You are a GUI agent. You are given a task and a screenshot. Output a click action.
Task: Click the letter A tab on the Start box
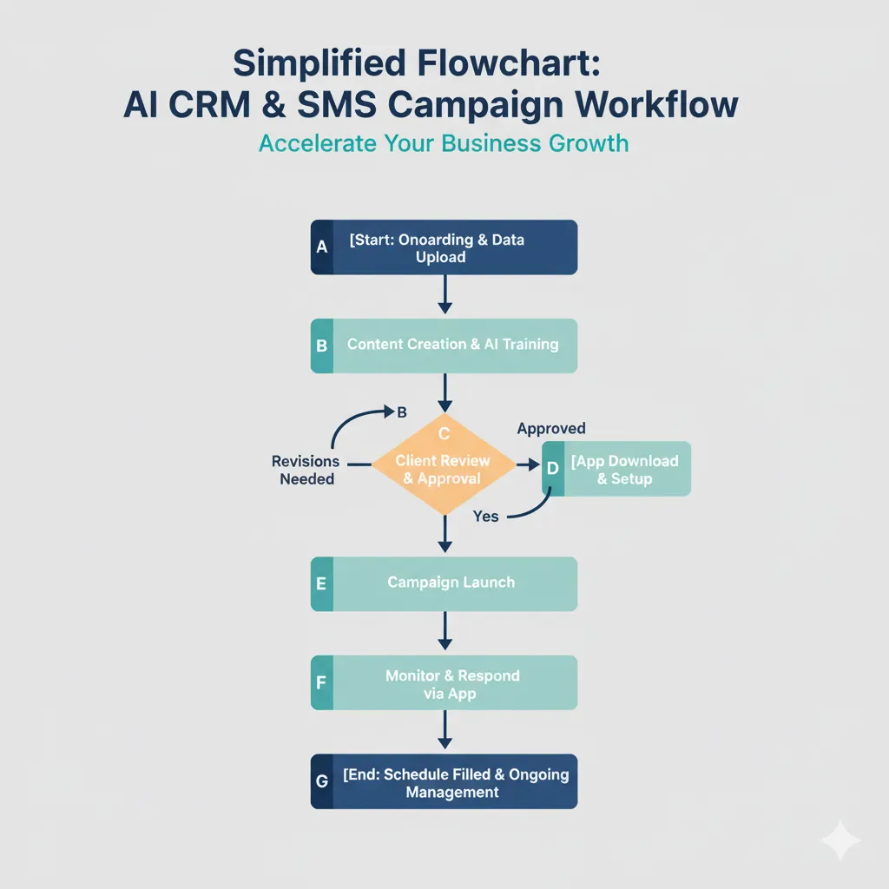pos(321,247)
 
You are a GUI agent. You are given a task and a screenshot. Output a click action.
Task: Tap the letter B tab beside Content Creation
pos(321,346)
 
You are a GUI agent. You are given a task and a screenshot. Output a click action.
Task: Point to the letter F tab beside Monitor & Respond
pos(321,682)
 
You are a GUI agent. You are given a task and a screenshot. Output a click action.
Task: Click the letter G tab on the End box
pos(321,781)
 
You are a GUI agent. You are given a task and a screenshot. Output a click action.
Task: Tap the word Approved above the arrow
pos(551,428)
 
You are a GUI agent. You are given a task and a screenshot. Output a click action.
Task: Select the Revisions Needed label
pos(306,470)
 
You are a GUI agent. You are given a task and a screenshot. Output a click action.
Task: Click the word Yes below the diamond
pos(485,517)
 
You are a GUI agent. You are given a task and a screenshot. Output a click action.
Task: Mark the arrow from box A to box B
pos(444,295)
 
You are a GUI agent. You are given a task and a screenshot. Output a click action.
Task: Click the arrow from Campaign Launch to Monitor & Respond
pos(444,632)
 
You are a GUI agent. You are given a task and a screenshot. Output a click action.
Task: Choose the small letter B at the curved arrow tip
pos(402,412)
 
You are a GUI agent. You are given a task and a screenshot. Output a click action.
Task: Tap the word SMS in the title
pos(329,104)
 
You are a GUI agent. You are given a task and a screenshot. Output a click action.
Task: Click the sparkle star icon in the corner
pos(840,840)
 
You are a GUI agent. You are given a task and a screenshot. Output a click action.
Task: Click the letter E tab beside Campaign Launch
pos(321,583)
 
